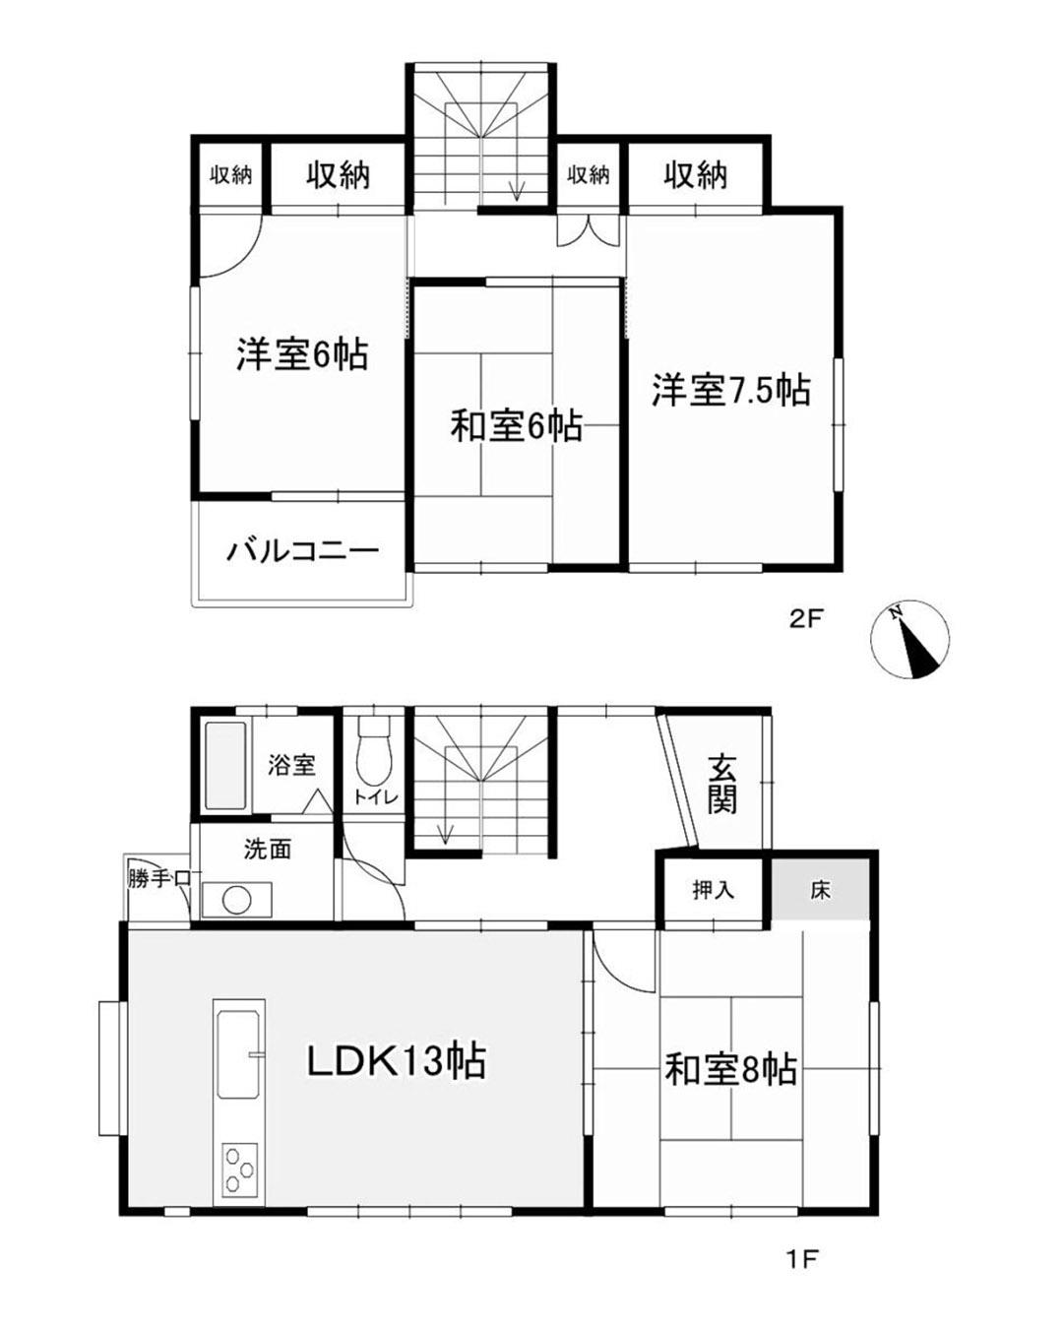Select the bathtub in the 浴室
(225, 766)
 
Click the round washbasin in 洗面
(236, 900)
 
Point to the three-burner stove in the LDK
(239, 1171)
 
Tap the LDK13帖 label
(397, 1061)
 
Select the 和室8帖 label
(730, 1069)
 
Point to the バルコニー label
(303, 550)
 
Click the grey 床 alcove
(821, 890)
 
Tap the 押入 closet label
(714, 890)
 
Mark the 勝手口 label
(157, 879)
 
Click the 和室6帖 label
(516, 426)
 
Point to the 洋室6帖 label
(302, 353)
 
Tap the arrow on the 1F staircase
(445, 833)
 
